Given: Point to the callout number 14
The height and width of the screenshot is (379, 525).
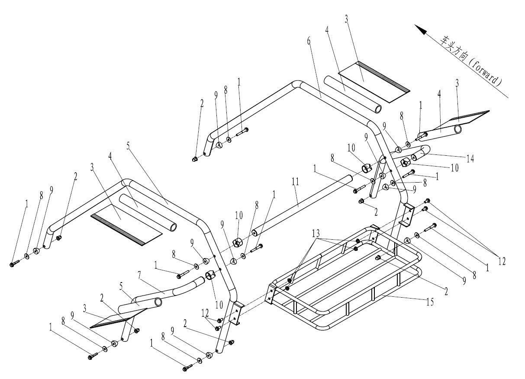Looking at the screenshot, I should pos(470,158).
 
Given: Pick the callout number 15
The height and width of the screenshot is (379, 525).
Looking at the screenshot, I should pos(430,302).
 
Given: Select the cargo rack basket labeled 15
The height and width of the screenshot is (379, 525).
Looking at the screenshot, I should pos(346,277).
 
